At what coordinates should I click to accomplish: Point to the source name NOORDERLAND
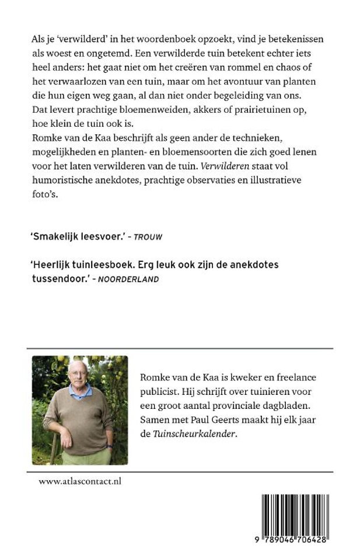pos(128,279)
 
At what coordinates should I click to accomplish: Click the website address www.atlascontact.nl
pos(81,482)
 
